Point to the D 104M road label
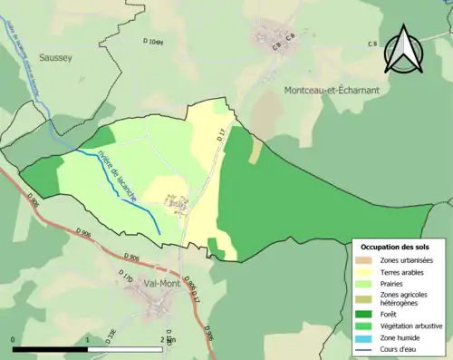157,42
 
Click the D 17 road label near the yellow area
220,137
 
